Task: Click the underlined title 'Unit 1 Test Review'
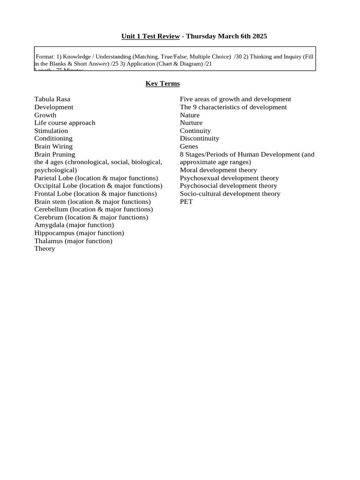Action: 150,36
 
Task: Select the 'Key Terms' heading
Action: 162,83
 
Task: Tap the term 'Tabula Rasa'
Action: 52,99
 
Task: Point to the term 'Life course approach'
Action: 65,123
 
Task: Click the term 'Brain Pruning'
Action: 54,154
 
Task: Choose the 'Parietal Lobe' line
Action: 96,178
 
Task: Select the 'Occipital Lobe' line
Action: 97,186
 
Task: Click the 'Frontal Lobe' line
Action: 95,194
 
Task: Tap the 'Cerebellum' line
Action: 93,210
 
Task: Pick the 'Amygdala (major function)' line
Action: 74,225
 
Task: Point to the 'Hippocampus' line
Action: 79,233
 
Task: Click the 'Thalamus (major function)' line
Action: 73,241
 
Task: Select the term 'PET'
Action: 186,202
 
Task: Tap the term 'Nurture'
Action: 191,123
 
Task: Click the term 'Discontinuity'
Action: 199,138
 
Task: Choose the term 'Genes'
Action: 189,146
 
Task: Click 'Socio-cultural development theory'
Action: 230,194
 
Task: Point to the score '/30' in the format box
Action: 239,57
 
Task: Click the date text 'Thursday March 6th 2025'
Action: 226,36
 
